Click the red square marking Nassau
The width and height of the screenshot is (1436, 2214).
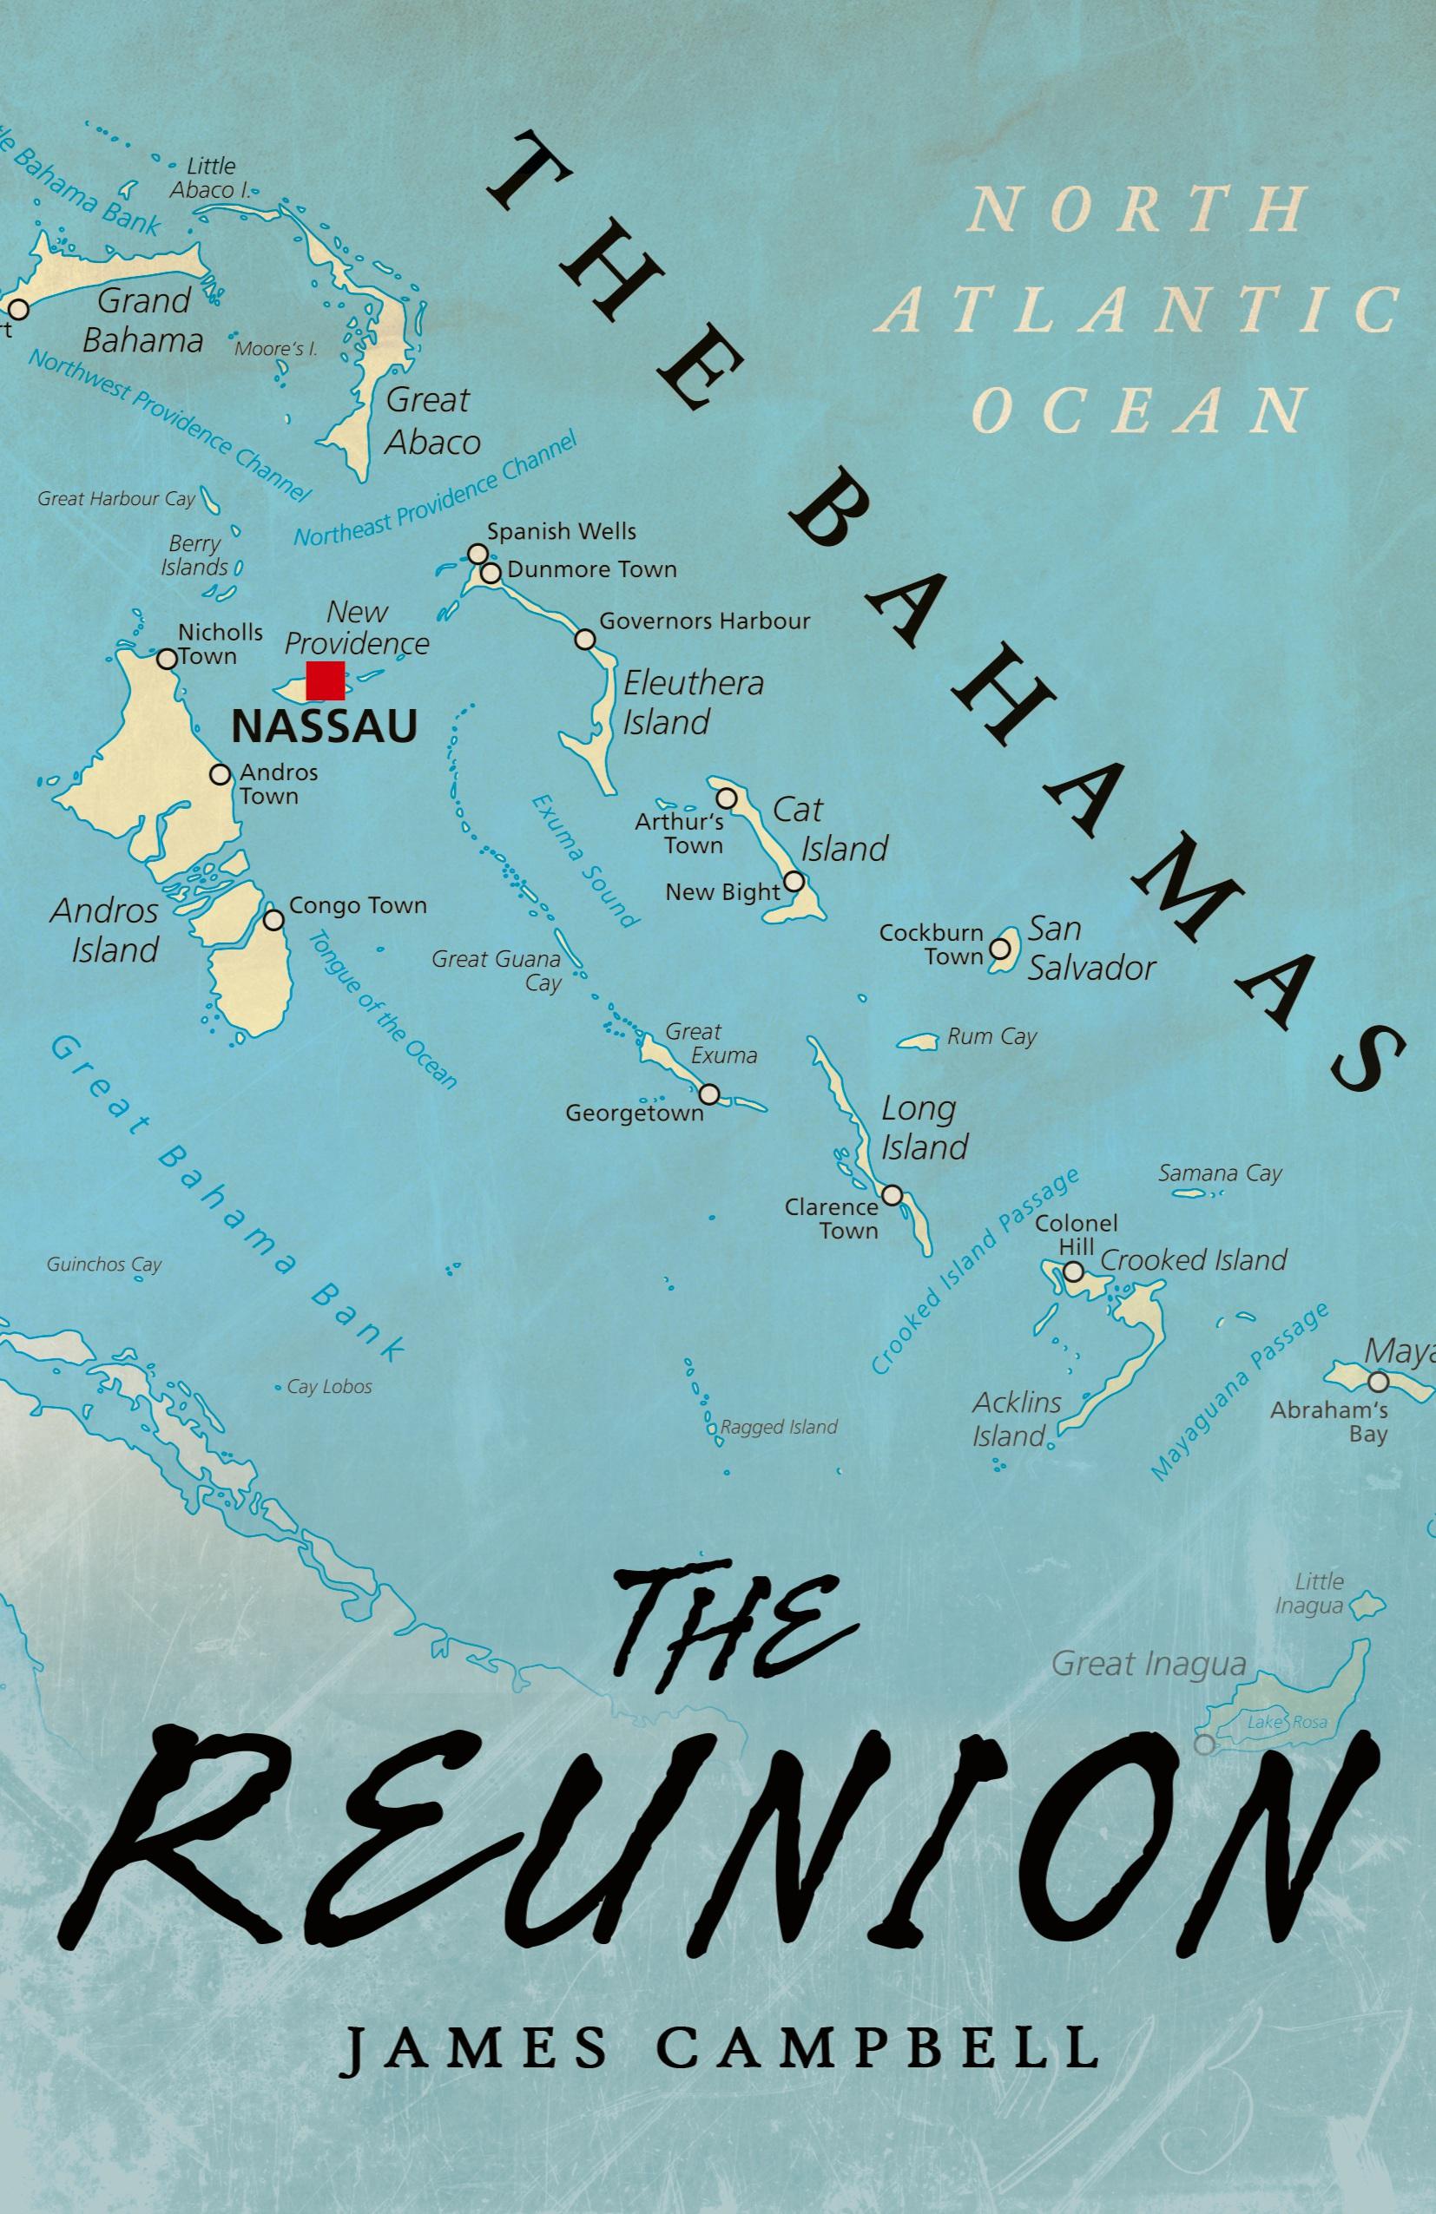click(x=326, y=680)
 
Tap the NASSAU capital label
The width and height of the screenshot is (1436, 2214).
click(x=324, y=726)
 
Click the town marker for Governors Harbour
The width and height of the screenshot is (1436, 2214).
click(x=585, y=639)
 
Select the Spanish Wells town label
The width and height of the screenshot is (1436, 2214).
click(x=562, y=531)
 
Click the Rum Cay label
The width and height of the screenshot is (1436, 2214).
click(x=991, y=1036)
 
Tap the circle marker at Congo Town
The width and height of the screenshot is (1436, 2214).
click(x=273, y=919)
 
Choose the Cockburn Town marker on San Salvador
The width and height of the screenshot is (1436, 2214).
click(x=998, y=948)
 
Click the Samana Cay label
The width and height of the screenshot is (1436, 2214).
click(x=1220, y=1173)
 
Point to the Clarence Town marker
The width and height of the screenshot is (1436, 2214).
click(x=892, y=1194)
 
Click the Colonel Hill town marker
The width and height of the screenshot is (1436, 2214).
click(x=1073, y=1271)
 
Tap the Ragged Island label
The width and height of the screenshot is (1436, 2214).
click(x=779, y=1426)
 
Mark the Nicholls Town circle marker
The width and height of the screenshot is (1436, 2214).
click(x=167, y=659)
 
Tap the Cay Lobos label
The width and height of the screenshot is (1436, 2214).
click(x=328, y=1386)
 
